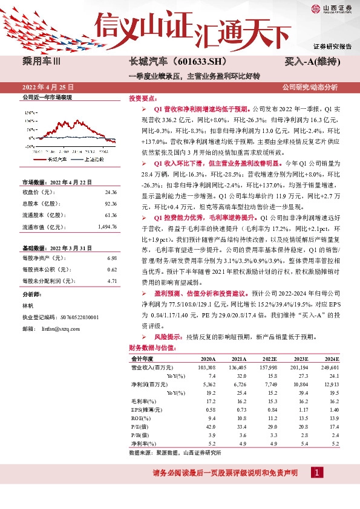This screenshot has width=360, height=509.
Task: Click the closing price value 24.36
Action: [x=110, y=192]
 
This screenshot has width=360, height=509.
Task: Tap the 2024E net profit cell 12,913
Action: [x=330, y=384]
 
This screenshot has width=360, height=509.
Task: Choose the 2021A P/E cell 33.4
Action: [x=239, y=426]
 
